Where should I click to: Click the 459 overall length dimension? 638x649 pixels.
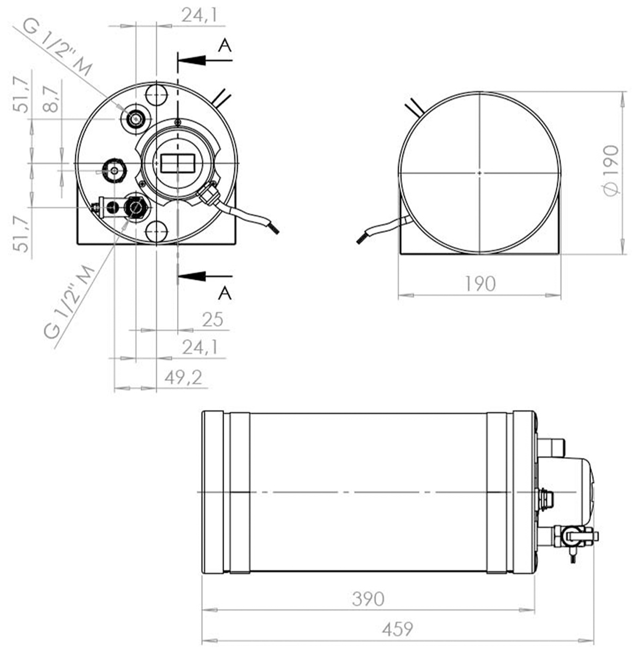point(397,629)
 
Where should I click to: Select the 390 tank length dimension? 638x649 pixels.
point(368,599)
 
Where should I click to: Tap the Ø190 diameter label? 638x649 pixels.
point(611,170)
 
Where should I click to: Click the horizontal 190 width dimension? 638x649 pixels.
point(480,284)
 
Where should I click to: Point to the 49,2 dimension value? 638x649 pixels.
point(183,378)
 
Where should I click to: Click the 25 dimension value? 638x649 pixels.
point(212,319)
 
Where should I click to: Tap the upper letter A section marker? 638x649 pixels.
point(225,46)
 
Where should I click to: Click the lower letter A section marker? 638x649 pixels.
point(225,293)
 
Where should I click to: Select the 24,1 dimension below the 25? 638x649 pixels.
point(200,347)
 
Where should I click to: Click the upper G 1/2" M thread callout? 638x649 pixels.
point(57,48)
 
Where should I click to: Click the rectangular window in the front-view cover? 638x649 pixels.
point(178,163)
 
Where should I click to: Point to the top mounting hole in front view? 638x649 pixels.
point(156,95)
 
